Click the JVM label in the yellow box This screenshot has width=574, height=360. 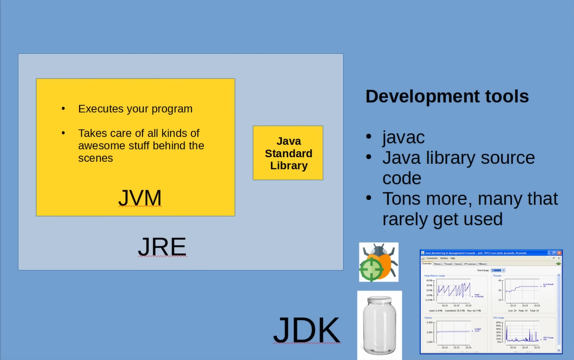pyautogui.click(x=140, y=198)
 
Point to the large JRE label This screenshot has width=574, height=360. pyautogui.click(x=162, y=247)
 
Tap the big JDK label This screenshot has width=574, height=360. pyautogui.click(x=306, y=330)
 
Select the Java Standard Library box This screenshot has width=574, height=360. pyautogui.click(x=288, y=153)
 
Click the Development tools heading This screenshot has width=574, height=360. pyautogui.click(x=447, y=96)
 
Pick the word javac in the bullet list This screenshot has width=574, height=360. pyautogui.click(x=403, y=137)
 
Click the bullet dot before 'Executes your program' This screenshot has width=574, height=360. pyautogui.click(x=64, y=109)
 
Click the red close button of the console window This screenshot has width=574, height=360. pyautogui.click(x=559, y=252)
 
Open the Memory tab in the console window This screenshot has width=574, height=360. pyautogui.click(x=438, y=264)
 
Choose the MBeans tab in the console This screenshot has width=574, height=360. pyautogui.click(x=482, y=264)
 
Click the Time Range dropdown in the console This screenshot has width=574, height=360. pyautogui.click(x=497, y=270)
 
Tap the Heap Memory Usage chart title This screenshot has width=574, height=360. pyautogui.click(x=435, y=276)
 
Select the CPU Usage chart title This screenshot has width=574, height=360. pyautogui.click(x=498, y=317)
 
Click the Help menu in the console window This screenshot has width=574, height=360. pyautogui.click(x=453, y=258)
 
